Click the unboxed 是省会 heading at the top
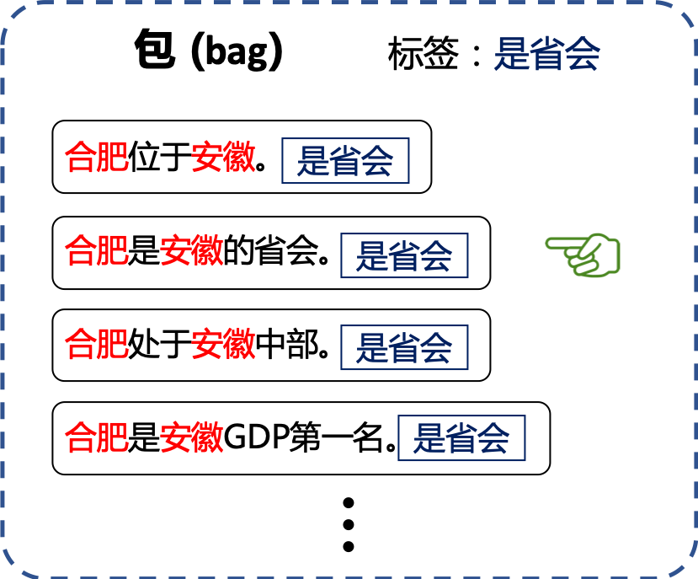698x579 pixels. (546, 55)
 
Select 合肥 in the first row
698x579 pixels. (97, 158)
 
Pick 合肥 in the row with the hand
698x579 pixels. (97, 251)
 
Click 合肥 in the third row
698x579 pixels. (97, 345)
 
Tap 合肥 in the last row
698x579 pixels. (97, 438)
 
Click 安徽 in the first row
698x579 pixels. (223, 158)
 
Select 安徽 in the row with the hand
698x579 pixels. (192, 251)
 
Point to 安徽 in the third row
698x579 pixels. (223, 345)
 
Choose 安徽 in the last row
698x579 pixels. (192, 438)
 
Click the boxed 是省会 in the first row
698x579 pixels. (345, 161)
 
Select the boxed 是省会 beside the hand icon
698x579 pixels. (404, 255)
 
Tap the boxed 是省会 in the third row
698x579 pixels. (404, 347)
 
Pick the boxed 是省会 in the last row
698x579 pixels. (461, 438)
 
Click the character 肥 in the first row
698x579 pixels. (113, 158)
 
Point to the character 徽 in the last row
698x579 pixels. (208, 438)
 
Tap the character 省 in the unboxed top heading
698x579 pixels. (546, 55)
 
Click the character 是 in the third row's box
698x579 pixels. (371, 347)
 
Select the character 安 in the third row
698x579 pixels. (207, 345)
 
